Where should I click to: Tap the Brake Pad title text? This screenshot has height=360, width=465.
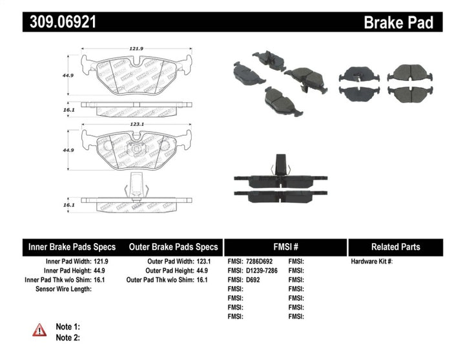pyautogui.click(x=398, y=23)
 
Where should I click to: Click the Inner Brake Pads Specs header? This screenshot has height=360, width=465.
pyautogui.click(x=72, y=247)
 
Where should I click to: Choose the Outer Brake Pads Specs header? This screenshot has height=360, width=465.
pyautogui.click(x=174, y=247)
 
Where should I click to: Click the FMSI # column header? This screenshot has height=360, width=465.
pyautogui.click(x=285, y=247)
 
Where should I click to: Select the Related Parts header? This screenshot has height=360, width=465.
pyautogui.click(x=395, y=247)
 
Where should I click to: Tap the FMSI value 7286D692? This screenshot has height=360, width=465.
pyautogui.click(x=262, y=261)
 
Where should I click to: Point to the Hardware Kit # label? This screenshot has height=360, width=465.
pyautogui.click(x=372, y=261)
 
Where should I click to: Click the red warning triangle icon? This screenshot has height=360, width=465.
pyautogui.click(x=40, y=330)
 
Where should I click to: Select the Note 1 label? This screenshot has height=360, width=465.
pyautogui.click(x=68, y=327)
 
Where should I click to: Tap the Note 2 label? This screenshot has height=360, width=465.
pyautogui.click(x=68, y=337)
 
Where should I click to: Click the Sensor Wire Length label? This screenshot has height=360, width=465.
pyautogui.click(x=63, y=288)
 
